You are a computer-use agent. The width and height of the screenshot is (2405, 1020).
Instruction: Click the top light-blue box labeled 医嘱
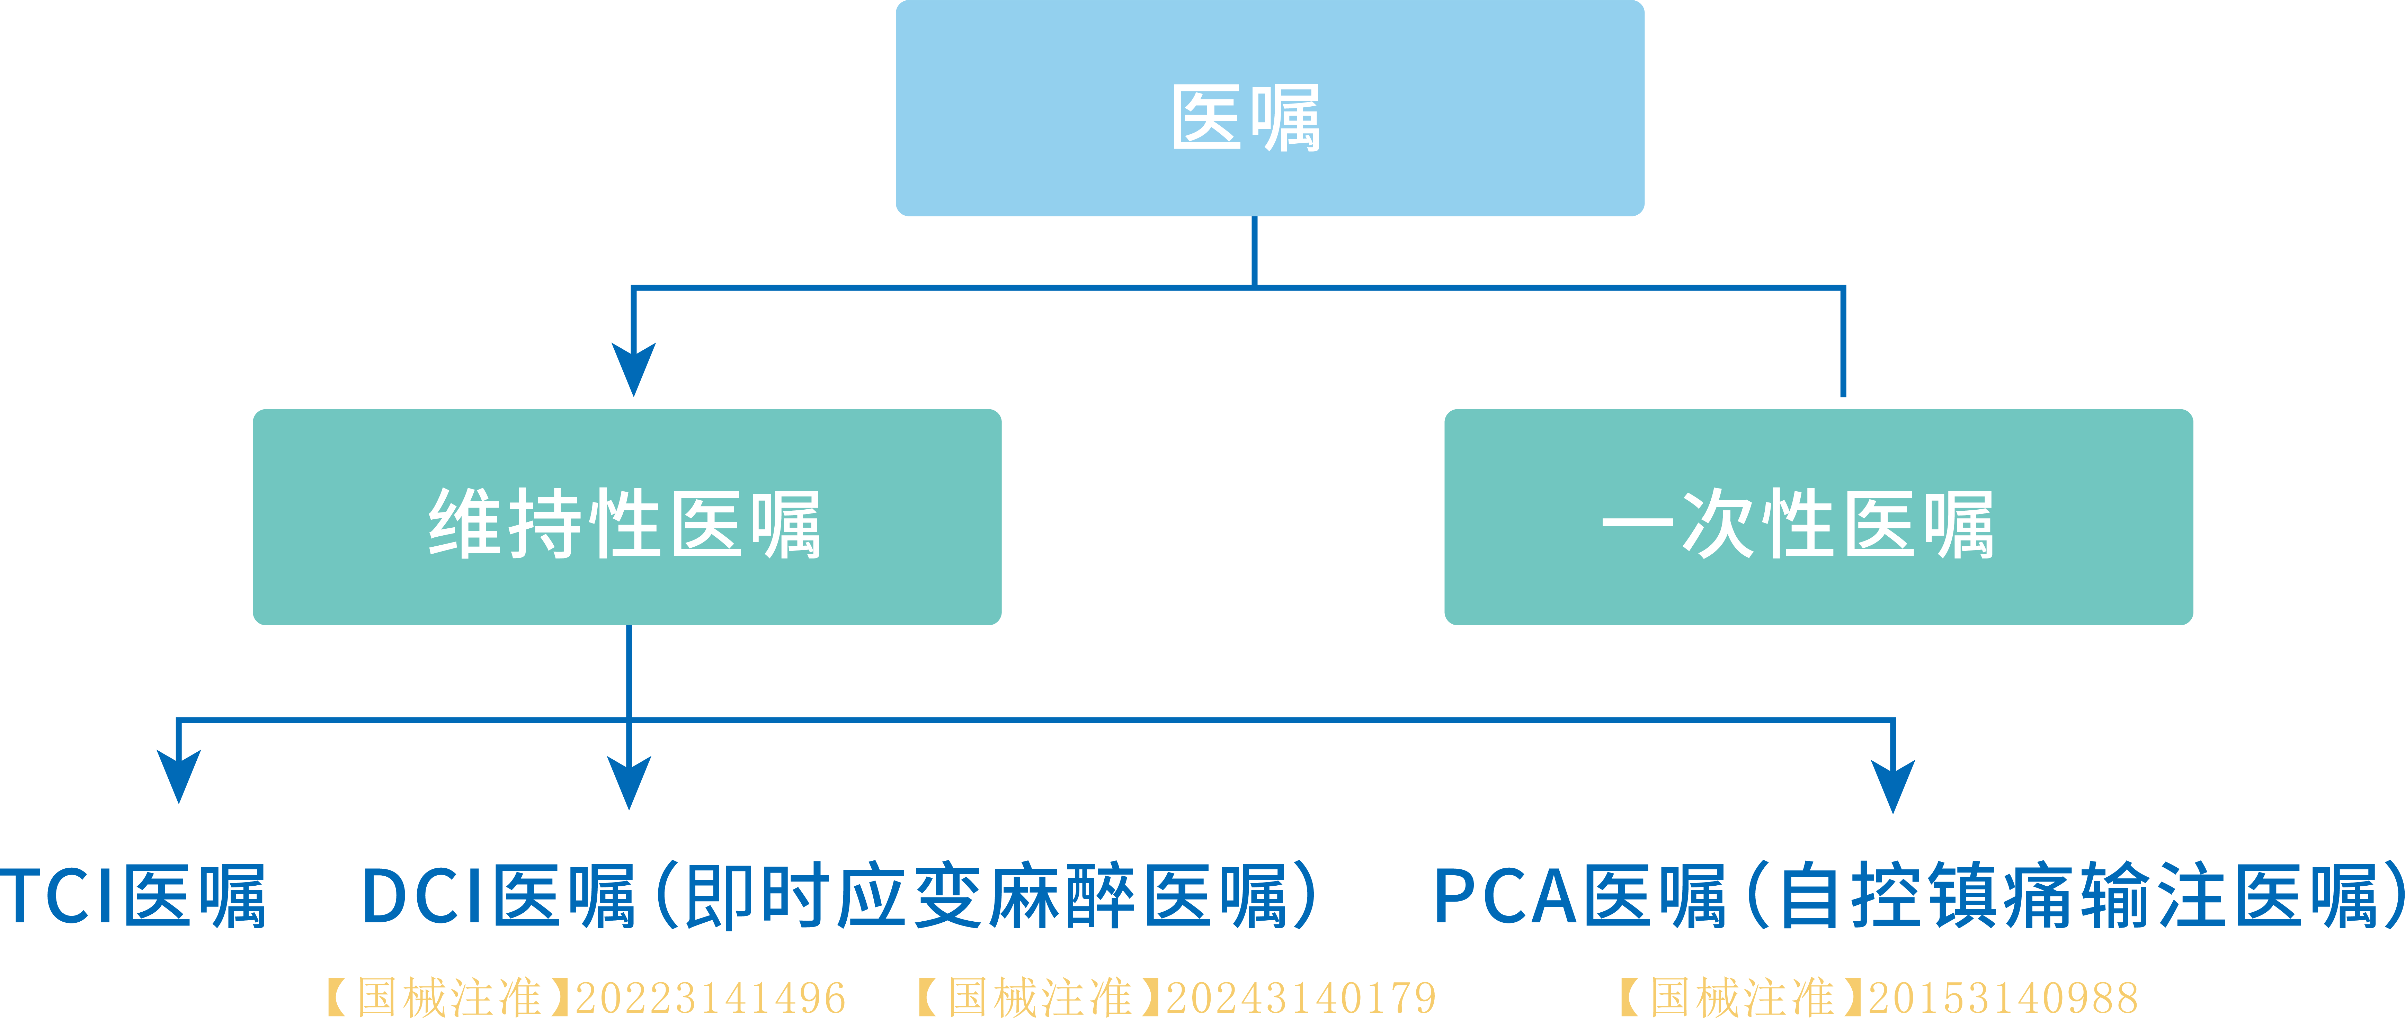coord(1270,108)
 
